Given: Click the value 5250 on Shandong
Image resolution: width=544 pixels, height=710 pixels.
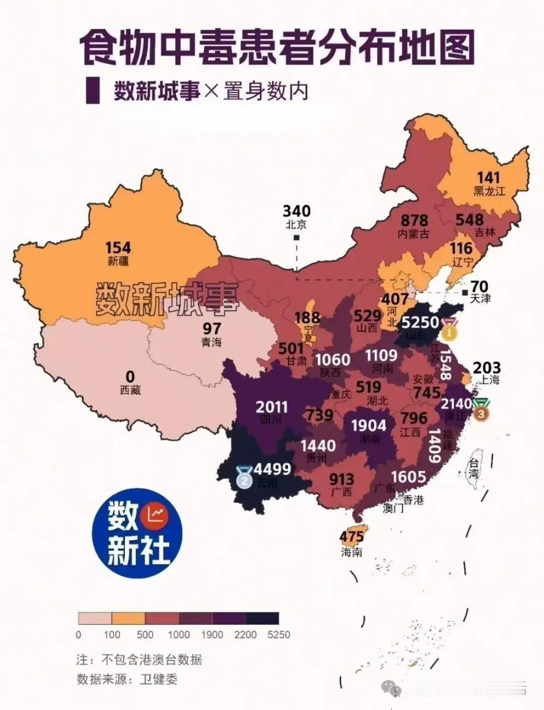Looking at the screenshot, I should click(x=420, y=321).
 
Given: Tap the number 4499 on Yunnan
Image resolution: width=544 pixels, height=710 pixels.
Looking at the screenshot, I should click(x=272, y=469).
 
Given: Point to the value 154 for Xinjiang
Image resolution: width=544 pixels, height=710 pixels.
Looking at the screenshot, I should click(x=118, y=248).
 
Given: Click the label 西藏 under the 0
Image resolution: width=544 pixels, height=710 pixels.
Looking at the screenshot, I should click(x=130, y=390).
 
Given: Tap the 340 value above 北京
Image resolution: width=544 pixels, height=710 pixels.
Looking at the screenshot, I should click(x=296, y=211).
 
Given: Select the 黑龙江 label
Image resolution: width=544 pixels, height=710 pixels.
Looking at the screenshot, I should click(x=489, y=191).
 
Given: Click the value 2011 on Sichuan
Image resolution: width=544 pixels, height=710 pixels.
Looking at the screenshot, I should click(x=271, y=407).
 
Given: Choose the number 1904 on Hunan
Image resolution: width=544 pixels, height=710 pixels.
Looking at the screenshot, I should click(x=368, y=425).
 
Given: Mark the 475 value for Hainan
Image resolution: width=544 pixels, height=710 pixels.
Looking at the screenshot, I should click(x=352, y=537).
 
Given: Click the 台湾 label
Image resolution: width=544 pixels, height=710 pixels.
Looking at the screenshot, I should click(x=474, y=468).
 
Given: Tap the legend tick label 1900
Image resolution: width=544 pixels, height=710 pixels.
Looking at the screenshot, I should click(x=212, y=634).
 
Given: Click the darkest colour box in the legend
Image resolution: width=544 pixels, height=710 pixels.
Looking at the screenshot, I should click(x=262, y=618).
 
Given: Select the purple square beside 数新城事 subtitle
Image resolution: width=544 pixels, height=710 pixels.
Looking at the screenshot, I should click(x=92, y=91).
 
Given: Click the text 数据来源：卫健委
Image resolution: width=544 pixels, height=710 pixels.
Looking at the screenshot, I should click(x=127, y=679).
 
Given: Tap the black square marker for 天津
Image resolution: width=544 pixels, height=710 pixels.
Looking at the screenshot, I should click(x=464, y=292).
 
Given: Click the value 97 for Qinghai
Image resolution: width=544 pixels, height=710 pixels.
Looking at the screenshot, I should click(x=212, y=329).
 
